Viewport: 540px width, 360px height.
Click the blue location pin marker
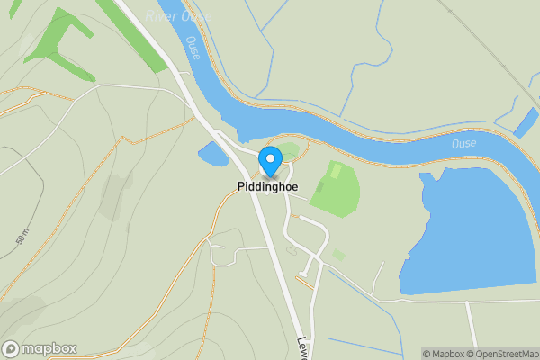pyautogui.click(x=270, y=160)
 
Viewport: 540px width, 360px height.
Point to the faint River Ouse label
pyautogui.click(x=178, y=15)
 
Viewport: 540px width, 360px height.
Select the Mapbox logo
pyautogui.click(x=39, y=348)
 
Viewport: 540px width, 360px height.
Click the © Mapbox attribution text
pyautogui.click(x=445, y=354)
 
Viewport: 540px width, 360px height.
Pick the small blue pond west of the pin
pyautogui.click(x=213, y=154)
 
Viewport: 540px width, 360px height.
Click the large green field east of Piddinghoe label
pyautogui.click(x=337, y=190)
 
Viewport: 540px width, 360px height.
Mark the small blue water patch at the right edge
pyautogui.click(x=525, y=122)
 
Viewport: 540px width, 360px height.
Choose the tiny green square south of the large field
pyautogui.click(x=338, y=255)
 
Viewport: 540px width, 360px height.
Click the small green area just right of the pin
pyautogui.click(x=288, y=150)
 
